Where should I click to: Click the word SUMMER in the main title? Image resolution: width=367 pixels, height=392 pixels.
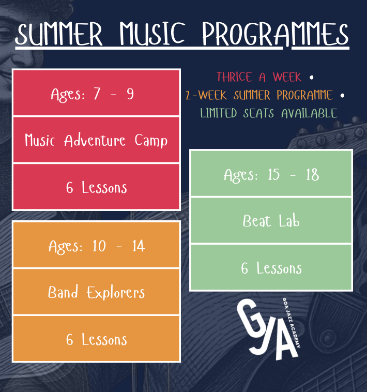[59, 34]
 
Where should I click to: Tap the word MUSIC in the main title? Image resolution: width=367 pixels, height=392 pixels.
[152, 34]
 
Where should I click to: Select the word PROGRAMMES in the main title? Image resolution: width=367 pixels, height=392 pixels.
[275, 34]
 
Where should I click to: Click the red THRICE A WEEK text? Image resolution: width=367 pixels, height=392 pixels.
[259, 77]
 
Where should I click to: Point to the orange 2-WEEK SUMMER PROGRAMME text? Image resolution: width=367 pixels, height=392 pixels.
[259, 95]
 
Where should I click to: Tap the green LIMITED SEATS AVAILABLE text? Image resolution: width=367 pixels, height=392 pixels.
[269, 113]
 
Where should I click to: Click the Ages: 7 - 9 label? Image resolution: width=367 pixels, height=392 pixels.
[92, 95]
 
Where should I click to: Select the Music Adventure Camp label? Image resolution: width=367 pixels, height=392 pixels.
[96, 140]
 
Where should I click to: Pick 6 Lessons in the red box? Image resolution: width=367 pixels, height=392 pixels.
[97, 188]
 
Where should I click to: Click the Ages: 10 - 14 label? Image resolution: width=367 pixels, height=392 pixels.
[97, 247]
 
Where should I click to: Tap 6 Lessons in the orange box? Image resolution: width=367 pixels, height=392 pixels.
[97, 339]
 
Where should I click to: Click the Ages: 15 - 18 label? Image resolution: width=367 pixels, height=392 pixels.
[271, 175]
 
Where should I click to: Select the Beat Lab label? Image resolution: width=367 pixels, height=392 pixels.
[271, 221]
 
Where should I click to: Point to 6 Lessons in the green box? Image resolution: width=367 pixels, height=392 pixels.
[271, 268]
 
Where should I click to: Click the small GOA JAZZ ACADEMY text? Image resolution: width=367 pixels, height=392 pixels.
[292, 323]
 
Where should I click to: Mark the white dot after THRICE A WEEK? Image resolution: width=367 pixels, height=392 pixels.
[311, 78]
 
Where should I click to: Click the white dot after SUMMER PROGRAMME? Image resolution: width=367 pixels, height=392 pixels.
[342, 96]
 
